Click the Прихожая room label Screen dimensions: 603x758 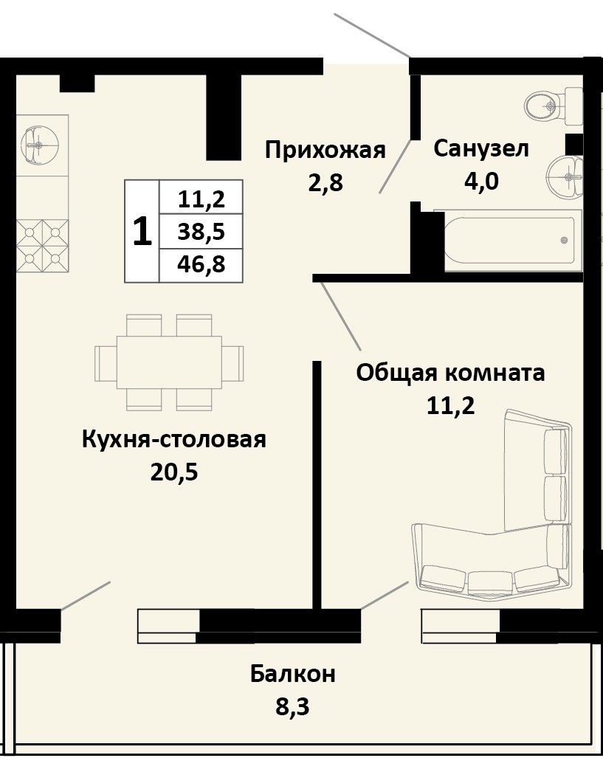(325, 150)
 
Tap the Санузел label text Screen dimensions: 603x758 (481, 149)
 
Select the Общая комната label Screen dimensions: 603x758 (451, 373)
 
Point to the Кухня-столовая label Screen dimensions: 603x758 (174, 440)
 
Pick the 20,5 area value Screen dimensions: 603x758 (174, 472)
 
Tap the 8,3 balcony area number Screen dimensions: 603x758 (292, 706)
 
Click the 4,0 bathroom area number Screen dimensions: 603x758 (481, 182)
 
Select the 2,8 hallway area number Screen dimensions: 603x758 (325, 183)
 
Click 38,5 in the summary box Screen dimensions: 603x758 (201, 232)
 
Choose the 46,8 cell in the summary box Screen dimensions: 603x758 (201, 265)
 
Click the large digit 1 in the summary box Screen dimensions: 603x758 (142, 232)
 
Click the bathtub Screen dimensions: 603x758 (509, 240)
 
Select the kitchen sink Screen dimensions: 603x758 (40, 145)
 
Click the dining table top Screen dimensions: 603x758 (169, 362)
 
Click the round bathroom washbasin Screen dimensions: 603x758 (565, 176)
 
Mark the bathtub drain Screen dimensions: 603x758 (564, 241)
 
